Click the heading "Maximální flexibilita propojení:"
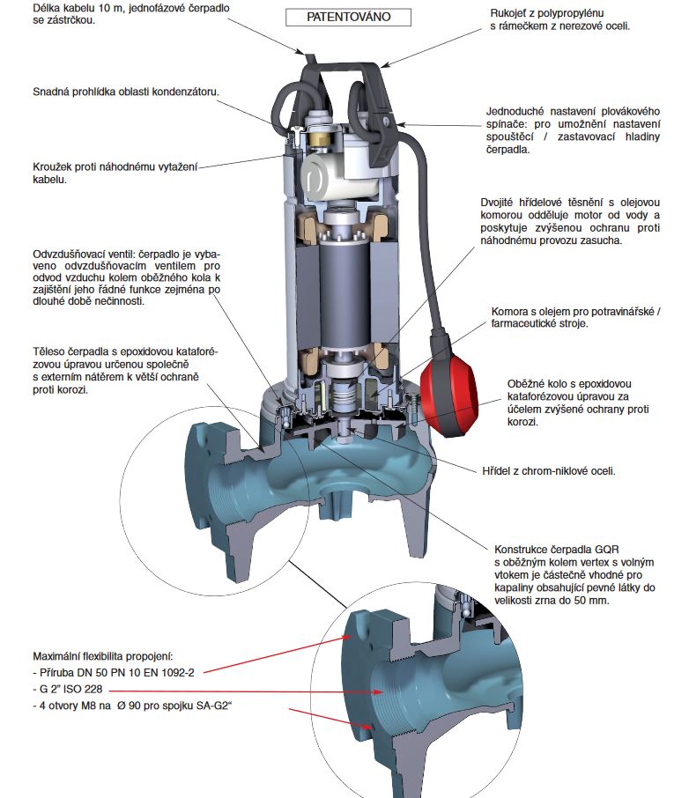point(102,657)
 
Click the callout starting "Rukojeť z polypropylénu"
point(559,20)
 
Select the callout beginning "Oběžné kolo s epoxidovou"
point(581,403)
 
